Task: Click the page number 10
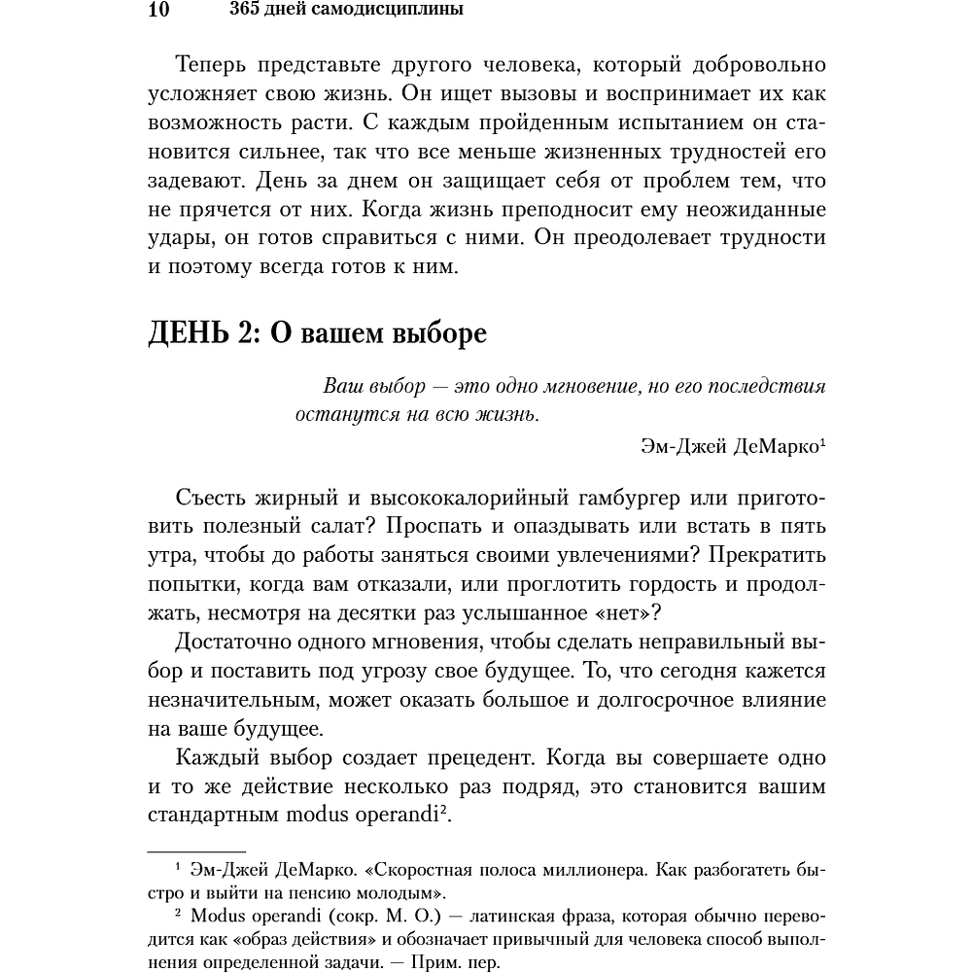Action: point(159,11)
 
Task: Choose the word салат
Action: point(331,527)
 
